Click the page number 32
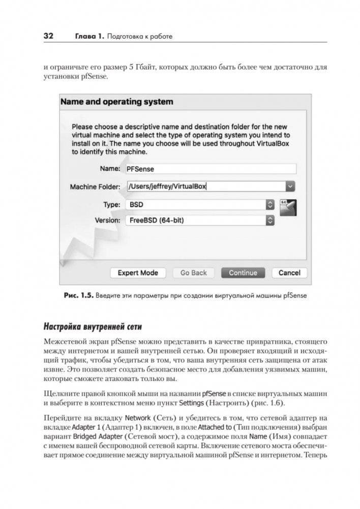[x=49, y=36]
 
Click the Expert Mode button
[x=138, y=273]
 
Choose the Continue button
[x=243, y=273]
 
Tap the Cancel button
[x=289, y=273]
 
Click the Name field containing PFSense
[x=210, y=169]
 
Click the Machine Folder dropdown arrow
[x=290, y=187]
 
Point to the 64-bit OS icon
[x=288, y=208]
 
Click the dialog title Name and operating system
[x=116, y=102]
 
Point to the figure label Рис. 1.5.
[x=77, y=295]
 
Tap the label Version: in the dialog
[x=107, y=221]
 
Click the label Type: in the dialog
[x=111, y=204]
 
